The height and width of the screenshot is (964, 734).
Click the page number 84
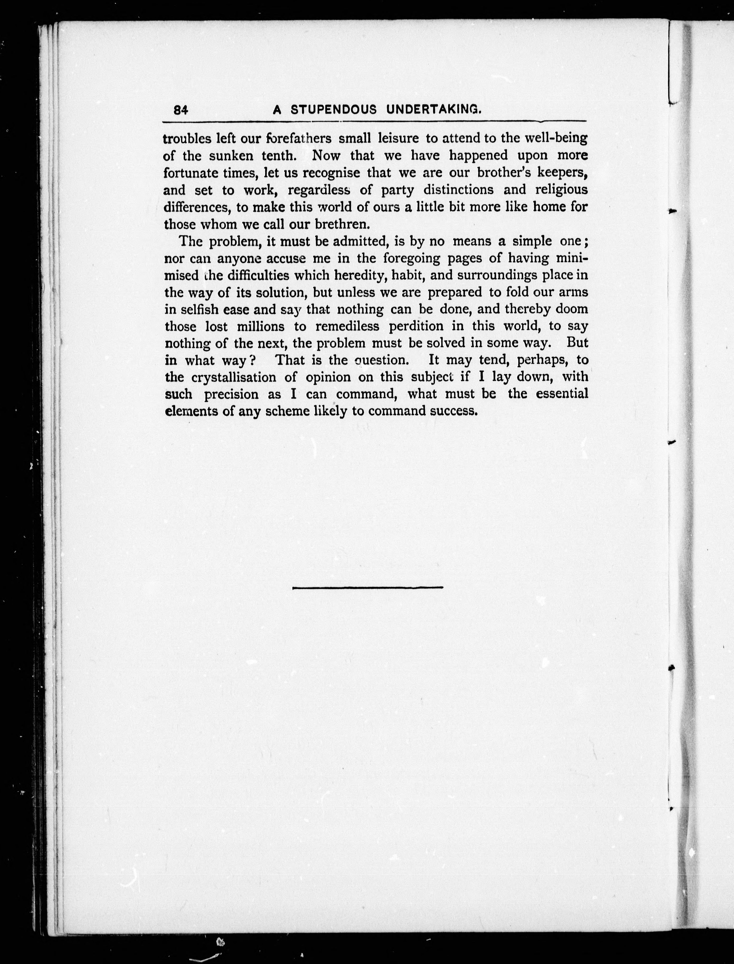coord(180,110)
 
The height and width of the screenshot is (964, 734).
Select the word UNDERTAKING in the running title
coord(434,110)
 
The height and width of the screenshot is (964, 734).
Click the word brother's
coord(503,173)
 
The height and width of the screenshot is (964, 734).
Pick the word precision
coord(231,395)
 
